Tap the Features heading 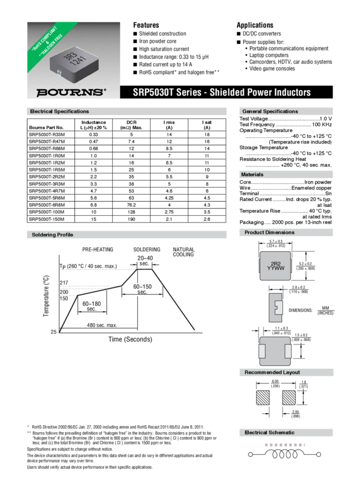pyautogui.click(x=146, y=25)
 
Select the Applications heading pyautogui.click(x=254, y=25)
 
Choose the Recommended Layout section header pyautogui.click(x=271, y=372)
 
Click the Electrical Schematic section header pyautogui.click(x=269, y=432)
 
